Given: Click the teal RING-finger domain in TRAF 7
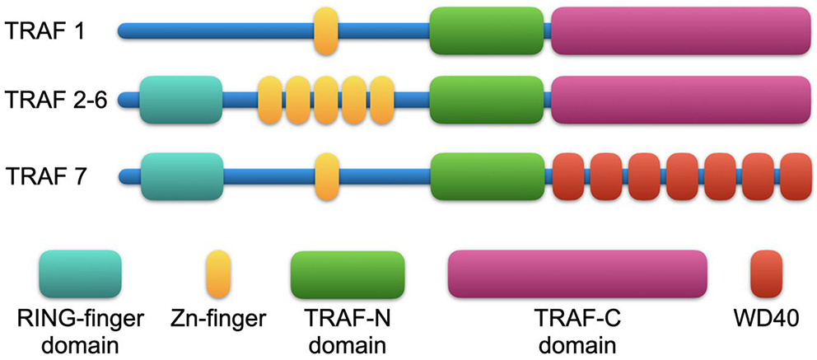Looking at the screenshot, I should (181, 176).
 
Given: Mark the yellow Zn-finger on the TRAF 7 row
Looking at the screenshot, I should (326, 176).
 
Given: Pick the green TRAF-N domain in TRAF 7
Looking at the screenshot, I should (487, 176).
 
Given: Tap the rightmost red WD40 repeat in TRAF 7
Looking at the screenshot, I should (796, 176).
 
